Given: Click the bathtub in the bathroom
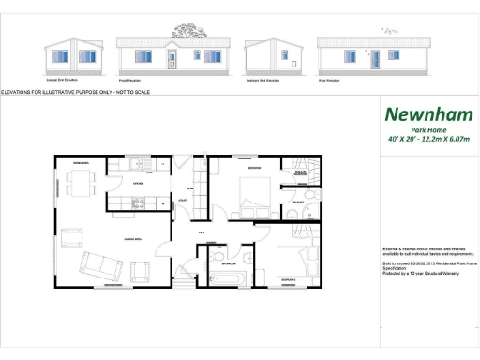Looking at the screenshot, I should click(225, 278).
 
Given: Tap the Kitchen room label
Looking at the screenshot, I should click(138, 183).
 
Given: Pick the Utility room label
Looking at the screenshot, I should click(184, 201).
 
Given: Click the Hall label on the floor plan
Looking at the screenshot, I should click(201, 232).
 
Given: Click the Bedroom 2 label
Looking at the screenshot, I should click(289, 280).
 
